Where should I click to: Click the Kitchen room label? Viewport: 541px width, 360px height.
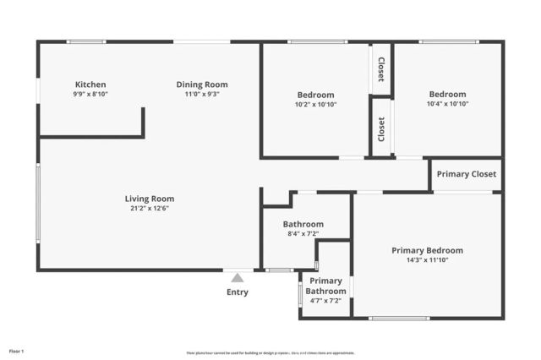click(x=90, y=85)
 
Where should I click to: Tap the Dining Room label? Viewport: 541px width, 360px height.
click(x=202, y=85)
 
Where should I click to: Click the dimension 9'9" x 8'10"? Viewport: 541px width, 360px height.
click(x=90, y=94)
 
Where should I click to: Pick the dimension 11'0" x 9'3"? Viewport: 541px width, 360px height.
click(x=202, y=94)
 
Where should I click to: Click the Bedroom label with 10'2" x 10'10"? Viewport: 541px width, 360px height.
click(x=315, y=94)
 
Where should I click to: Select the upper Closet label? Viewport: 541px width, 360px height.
click(x=381, y=69)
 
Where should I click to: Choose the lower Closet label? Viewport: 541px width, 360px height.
click(x=381, y=128)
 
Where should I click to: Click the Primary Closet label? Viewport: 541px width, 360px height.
click(x=466, y=175)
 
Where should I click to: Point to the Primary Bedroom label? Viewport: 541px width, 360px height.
click(x=427, y=250)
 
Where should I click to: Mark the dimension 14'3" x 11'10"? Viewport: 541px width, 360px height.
click(x=427, y=260)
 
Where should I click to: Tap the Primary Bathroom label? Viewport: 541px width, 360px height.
click(x=325, y=286)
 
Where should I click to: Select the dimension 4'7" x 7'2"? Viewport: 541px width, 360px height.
click(x=325, y=300)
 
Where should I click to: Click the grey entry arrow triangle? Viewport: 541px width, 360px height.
click(x=238, y=276)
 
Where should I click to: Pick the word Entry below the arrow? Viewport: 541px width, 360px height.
click(x=238, y=292)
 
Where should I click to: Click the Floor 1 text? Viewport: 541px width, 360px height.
click(x=16, y=351)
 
